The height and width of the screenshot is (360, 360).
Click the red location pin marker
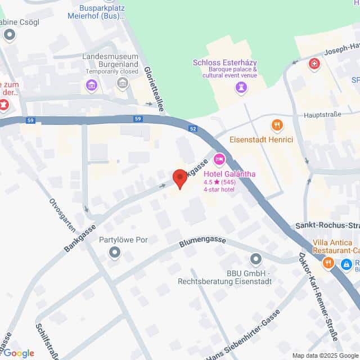(179, 178)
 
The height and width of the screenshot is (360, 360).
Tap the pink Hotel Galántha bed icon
(219, 160)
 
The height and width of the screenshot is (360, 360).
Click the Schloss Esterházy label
(224, 63)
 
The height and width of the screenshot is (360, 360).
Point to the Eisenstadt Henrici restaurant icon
(276, 125)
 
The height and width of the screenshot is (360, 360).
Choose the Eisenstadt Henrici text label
(261, 139)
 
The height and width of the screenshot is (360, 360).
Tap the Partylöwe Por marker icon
(115, 253)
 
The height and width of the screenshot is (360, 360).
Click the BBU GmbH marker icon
(256, 259)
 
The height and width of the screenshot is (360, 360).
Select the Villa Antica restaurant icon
(328, 262)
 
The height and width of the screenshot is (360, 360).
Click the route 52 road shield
(193, 129)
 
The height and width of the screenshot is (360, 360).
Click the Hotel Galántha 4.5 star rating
(219, 182)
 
